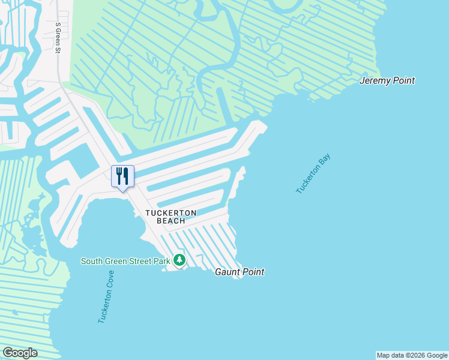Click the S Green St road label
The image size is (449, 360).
[58, 38]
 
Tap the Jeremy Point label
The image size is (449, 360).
[387, 80]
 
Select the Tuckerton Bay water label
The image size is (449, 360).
[313, 174]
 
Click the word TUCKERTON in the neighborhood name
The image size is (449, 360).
[171, 213]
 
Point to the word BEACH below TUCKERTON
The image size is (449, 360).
[171, 221]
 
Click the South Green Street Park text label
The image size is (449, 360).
[125, 260]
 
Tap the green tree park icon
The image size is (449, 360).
[179, 260]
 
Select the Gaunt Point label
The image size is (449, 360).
[240, 272]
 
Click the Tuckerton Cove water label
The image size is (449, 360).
[106, 297]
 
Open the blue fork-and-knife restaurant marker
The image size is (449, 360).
[122, 176]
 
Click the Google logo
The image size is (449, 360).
[20, 353]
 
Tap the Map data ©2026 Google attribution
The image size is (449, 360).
[411, 355]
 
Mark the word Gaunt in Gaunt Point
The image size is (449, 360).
[227, 272]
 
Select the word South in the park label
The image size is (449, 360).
[92, 260]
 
